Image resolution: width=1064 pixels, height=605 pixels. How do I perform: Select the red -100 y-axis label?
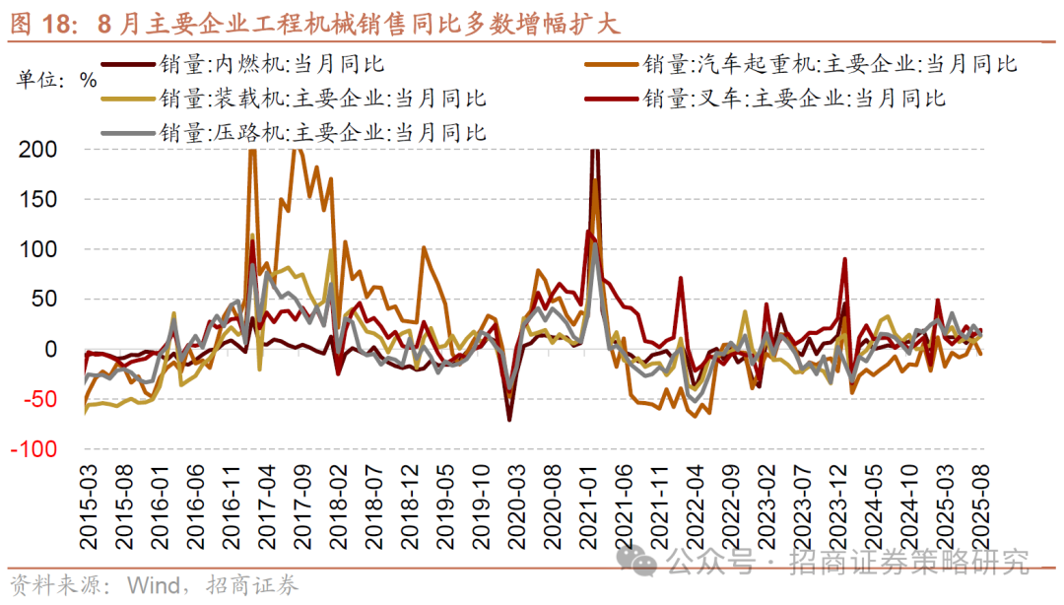35,449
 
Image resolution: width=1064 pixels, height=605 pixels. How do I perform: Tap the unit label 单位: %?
57,80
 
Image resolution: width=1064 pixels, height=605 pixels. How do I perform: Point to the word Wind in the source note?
149,585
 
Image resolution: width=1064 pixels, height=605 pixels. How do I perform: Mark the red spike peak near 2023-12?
844,258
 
